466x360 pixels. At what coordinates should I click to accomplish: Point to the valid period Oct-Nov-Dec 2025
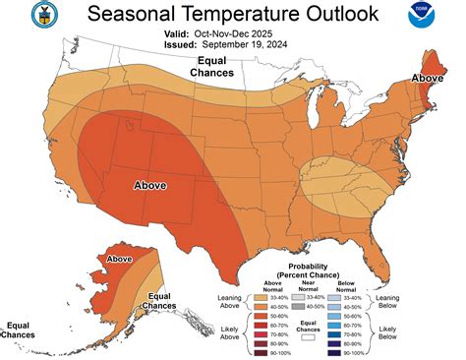(242, 32)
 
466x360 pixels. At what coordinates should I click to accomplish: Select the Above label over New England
(428, 78)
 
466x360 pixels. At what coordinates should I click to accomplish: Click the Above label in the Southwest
(149, 185)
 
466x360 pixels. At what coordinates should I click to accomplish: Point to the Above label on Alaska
(119, 259)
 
